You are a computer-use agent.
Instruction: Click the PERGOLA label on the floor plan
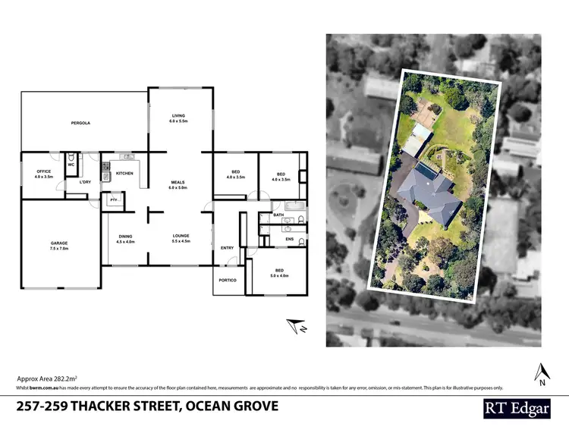click(80, 122)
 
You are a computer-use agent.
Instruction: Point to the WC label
click(71, 165)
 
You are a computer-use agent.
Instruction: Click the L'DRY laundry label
click(85, 182)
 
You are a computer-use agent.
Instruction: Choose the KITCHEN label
click(124, 174)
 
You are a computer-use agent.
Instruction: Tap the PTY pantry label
click(113, 199)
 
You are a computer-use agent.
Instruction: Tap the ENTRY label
click(228, 248)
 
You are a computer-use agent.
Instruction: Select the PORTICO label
click(228, 281)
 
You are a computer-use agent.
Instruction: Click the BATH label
click(278, 215)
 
